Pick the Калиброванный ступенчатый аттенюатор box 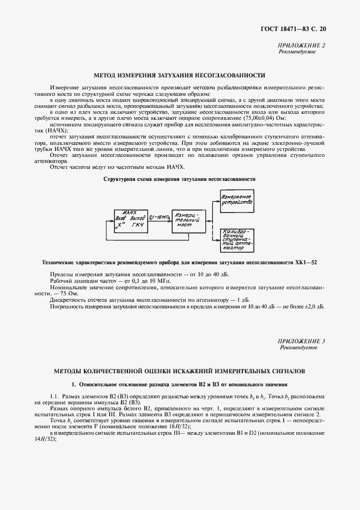(237, 240)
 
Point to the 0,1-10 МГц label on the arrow (160, 217)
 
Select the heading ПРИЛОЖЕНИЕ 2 (302, 46)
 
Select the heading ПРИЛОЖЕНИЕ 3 (302, 341)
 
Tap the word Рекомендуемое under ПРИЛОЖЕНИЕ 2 (297, 52)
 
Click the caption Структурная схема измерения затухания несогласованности (180, 179)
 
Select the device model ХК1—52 (307, 263)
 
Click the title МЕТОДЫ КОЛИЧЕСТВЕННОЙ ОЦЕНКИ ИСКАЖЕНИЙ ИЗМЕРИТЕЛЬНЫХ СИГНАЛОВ (180, 371)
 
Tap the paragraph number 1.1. (54, 396)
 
